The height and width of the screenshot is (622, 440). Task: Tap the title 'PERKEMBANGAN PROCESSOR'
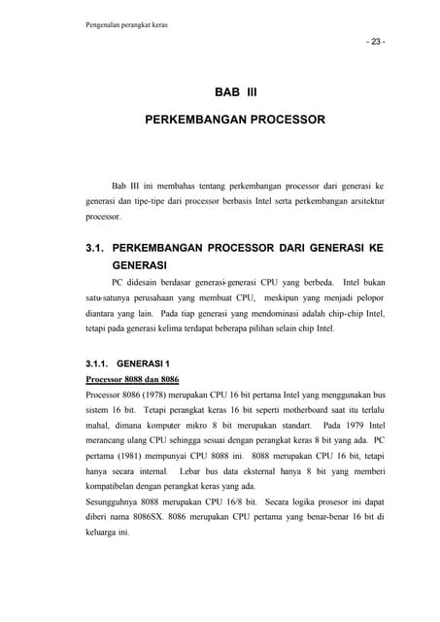[x=234, y=124]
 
